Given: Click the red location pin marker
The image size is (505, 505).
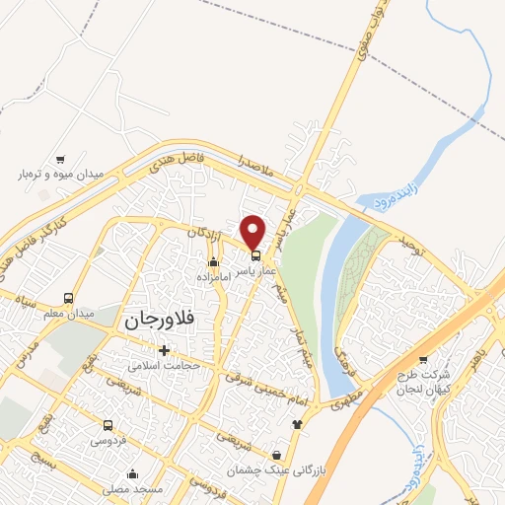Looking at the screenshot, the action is (253, 231).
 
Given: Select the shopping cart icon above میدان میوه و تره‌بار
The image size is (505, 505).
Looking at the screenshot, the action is (60, 159).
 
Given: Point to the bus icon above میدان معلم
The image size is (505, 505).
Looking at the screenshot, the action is (68, 298).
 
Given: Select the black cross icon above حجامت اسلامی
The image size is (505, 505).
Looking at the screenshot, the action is (164, 349).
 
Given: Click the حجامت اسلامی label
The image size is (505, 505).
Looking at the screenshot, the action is (164, 364).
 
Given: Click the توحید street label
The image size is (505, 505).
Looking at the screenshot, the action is (409, 238).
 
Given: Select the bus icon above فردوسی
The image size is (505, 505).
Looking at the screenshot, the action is (108, 426).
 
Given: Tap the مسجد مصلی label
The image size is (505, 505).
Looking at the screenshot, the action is (133, 489).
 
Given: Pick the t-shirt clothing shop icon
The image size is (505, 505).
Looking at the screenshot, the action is (297, 423).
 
